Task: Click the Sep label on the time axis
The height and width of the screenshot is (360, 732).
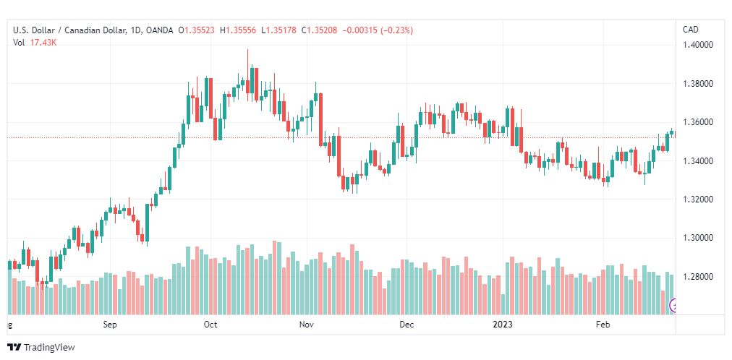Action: pos(110,324)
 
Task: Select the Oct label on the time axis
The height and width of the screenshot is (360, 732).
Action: pos(210,324)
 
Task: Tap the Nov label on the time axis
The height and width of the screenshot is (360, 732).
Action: pos(306,324)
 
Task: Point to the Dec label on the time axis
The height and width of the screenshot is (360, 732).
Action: pos(407,324)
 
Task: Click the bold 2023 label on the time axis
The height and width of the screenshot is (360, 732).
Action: pos(503,324)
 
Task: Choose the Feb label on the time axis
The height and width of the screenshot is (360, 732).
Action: pos(603,324)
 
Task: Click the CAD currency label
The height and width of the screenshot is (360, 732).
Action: pos(691,30)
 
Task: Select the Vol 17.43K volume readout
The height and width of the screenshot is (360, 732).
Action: pos(35,43)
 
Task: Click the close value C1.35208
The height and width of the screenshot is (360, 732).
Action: pos(320,30)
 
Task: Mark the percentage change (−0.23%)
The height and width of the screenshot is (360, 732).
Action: pos(397,30)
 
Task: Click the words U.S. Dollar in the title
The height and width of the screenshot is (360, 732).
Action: pos(33,30)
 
